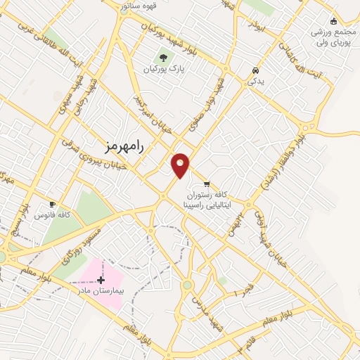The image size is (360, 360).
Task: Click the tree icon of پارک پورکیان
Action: coord(164,58)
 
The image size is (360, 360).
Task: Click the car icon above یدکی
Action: coord(255,71)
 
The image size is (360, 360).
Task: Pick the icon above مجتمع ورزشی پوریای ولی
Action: coord(333,21)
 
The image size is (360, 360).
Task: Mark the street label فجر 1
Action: coord(246,288)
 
